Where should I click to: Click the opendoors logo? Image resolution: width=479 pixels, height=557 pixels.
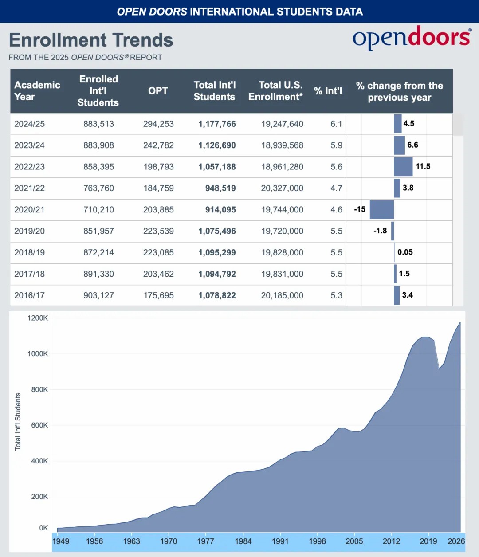tap(411, 38)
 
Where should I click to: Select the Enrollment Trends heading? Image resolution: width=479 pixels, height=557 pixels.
tap(91, 40)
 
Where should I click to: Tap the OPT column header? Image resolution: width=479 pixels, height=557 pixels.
tap(158, 91)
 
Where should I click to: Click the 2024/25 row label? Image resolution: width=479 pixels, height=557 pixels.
tap(29, 124)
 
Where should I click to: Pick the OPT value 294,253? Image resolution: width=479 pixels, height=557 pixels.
tap(158, 124)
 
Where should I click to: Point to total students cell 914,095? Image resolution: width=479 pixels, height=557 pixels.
tap(220, 210)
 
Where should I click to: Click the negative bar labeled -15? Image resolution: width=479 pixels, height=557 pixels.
tap(381, 209)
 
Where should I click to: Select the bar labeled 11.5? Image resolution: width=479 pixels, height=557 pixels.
tap(403, 167)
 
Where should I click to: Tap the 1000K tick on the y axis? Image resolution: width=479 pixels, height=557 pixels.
tap(38, 354)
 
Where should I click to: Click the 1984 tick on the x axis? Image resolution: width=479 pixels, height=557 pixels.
tap(243, 541)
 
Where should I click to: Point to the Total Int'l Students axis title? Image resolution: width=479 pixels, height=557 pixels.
tap(18, 422)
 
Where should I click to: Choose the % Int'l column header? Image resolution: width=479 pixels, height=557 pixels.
tap(328, 91)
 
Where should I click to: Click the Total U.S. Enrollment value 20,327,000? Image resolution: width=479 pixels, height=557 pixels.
tap(282, 188)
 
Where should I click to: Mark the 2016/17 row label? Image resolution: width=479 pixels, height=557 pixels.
tap(29, 295)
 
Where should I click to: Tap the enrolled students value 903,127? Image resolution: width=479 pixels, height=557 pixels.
tap(98, 295)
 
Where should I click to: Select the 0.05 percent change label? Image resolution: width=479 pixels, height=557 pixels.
tap(405, 252)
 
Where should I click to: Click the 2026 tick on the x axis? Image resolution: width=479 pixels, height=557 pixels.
tap(456, 541)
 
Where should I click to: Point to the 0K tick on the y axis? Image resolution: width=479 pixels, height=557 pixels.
tap(43, 528)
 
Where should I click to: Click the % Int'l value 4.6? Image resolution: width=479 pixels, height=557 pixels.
tap(336, 210)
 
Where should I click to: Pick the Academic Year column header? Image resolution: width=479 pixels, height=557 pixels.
tap(37, 91)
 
